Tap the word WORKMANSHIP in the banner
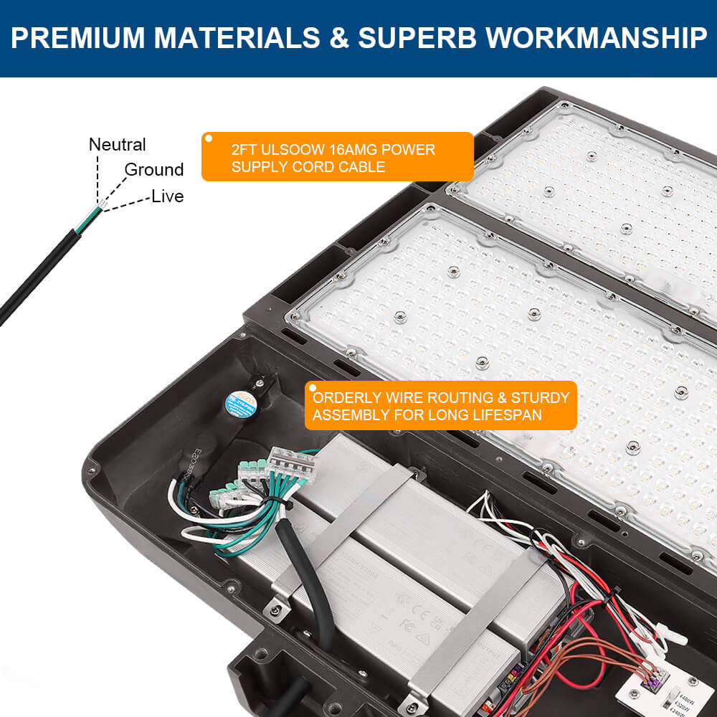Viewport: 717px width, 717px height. [x=597, y=38]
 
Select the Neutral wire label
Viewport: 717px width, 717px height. [x=117, y=145]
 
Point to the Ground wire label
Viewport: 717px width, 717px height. [x=154, y=170]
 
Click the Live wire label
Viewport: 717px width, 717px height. [x=167, y=196]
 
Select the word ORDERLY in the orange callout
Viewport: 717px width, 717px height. [x=348, y=398]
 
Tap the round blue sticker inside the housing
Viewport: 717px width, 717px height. [x=238, y=400]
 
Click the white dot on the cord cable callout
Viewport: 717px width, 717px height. [x=209, y=138]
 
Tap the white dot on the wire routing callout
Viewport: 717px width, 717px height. [x=312, y=388]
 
